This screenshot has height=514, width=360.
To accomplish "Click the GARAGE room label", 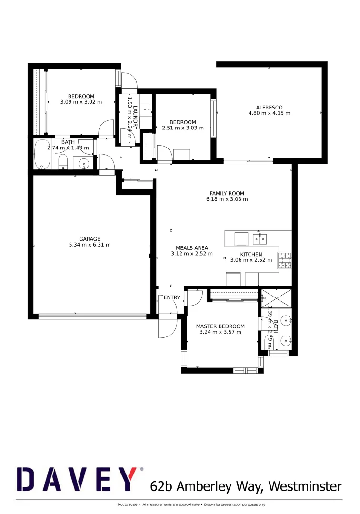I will pyautogui.click(x=90, y=239).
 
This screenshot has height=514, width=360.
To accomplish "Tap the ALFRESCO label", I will pyautogui.click(x=269, y=107).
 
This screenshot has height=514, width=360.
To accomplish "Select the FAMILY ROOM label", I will pyautogui.click(x=227, y=193).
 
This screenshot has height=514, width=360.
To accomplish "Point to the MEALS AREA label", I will pyautogui.click(x=191, y=248).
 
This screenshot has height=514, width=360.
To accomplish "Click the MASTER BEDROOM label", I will pyautogui.click(x=220, y=326).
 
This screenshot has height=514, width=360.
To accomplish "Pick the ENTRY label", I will pyautogui.click(x=172, y=298).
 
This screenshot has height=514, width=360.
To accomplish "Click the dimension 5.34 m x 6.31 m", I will pyautogui.click(x=90, y=245).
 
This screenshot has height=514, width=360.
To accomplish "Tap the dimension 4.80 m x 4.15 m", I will pyautogui.click(x=269, y=113).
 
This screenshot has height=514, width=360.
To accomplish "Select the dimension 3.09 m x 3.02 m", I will pyautogui.click(x=81, y=102).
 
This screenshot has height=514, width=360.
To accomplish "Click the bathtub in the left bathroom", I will pyautogui.click(x=42, y=155).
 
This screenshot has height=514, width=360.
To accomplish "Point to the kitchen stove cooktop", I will pyautogui.click(x=285, y=259).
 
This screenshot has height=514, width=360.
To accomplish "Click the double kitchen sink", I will pyautogui.click(x=260, y=238).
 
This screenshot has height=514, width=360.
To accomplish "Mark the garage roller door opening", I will pyautogui.click(x=92, y=316).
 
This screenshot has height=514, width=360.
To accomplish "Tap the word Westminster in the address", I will pyautogui.click(x=305, y=486).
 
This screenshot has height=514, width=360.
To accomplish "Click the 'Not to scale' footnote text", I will pyautogui.click(x=128, y=504).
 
